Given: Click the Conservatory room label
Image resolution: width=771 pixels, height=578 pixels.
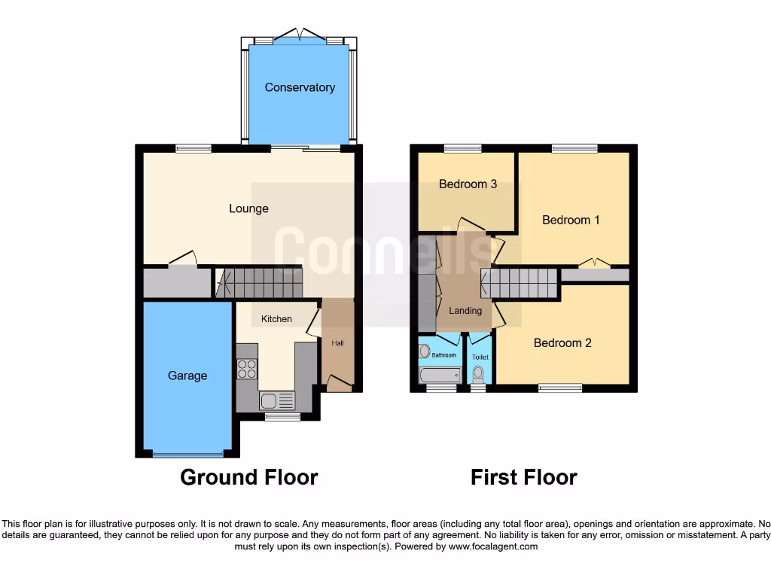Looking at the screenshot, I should pos(300,87).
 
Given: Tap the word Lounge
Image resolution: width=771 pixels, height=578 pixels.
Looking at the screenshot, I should pos(248,208).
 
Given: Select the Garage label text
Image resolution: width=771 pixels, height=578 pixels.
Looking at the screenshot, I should pos(187,376).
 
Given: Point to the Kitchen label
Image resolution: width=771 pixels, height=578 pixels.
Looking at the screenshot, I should pos(276,319).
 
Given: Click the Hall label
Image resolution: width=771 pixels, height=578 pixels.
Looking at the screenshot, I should pos(337,343).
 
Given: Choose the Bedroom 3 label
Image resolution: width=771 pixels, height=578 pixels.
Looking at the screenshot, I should pos(468,184).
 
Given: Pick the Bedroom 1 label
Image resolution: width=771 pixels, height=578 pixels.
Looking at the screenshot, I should pos(571,220).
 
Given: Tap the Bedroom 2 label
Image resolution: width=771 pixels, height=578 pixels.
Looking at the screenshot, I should pos(562,343).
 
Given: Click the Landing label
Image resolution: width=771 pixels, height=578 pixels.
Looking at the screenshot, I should pos(465,311).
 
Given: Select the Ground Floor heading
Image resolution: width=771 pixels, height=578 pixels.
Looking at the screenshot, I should pos(248,477).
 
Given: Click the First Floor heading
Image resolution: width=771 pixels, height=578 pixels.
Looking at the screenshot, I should pos(524,477).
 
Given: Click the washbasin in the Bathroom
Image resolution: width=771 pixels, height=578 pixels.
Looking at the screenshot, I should pos(425,351).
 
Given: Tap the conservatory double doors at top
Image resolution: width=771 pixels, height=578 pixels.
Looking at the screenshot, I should pos(300,35).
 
